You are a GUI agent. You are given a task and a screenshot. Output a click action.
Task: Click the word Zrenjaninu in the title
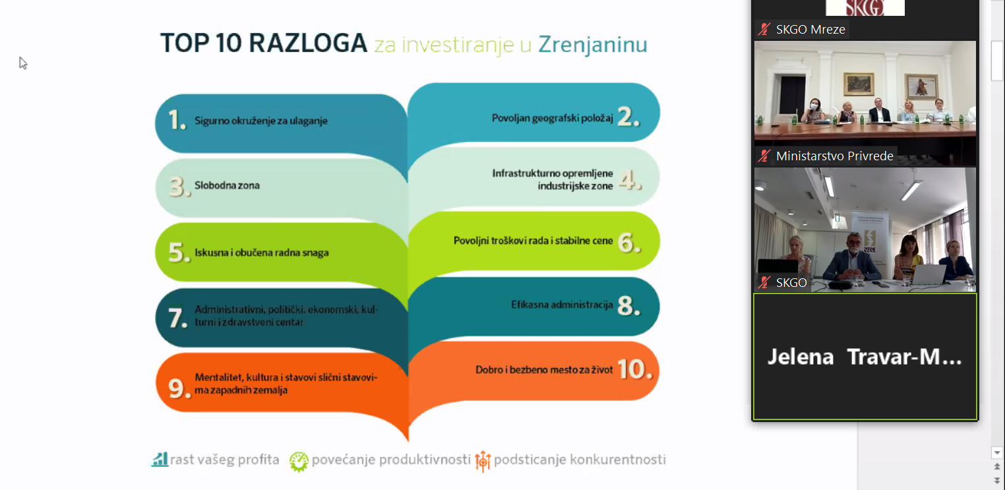[x=593, y=45]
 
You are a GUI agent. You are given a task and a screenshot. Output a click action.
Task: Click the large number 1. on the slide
[x=177, y=120]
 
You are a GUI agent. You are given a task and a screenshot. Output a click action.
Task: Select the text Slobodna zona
[x=227, y=185]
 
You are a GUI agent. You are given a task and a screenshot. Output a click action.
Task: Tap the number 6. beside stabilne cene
[x=629, y=243]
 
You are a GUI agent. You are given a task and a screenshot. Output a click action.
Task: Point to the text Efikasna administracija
[x=562, y=305]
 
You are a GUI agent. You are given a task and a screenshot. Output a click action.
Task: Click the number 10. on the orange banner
[x=634, y=369]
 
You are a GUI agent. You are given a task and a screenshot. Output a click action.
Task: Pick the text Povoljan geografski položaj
[x=553, y=118]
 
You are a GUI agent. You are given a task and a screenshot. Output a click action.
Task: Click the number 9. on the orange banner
[x=179, y=388]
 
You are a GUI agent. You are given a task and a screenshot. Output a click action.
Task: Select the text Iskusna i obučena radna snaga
[x=262, y=253]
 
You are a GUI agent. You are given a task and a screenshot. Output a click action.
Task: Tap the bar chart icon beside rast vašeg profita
[x=160, y=460]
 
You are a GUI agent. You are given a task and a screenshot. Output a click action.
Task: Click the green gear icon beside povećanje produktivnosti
[x=299, y=462]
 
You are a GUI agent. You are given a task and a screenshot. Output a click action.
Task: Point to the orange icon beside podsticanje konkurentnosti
[x=483, y=461]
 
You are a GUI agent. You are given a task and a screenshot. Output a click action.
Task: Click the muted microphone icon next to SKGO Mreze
[x=764, y=29]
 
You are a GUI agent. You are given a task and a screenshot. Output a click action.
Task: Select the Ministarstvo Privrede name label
[x=834, y=156]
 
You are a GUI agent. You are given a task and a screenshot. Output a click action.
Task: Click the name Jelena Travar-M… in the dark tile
[x=865, y=357]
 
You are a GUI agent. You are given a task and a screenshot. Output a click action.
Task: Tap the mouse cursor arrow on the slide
[x=23, y=63]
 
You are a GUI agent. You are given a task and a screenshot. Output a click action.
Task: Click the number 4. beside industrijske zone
[x=630, y=179]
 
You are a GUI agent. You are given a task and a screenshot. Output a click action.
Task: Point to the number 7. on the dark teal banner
[x=177, y=318]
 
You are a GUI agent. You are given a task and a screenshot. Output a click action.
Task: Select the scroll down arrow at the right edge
[x=996, y=453]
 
